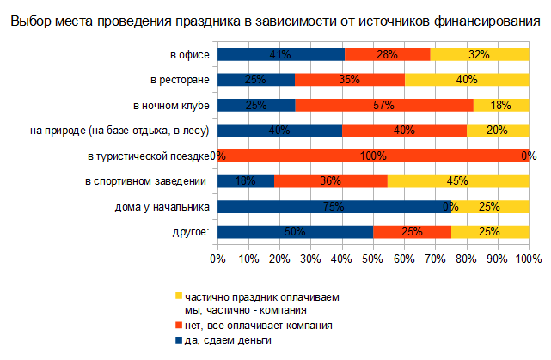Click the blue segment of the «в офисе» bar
pyautogui.click(x=280, y=54)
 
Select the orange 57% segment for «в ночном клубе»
pyautogui.click(x=384, y=105)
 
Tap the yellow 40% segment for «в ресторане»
pyautogui.click(x=466, y=80)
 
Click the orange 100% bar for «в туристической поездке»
pyautogui.click(x=373, y=156)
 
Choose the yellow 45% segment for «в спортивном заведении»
pyautogui.click(x=459, y=181)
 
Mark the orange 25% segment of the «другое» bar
pyautogui.click(x=412, y=232)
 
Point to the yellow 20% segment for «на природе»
pyautogui.click(x=497, y=131)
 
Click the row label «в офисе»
pyautogui.click(x=190, y=55)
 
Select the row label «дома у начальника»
pyautogui.click(x=162, y=207)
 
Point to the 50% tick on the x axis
pyautogui.click(x=373, y=259)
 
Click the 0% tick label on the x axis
pyautogui.click(x=217, y=259)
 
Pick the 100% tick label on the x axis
pyautogui.click(x=528, y=259)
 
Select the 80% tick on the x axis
pyautogui.click(x=467, y=259)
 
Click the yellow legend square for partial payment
pyautogui.click(x=179, y=296)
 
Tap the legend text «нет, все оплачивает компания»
pyautogui.click(x=258, y=326)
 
